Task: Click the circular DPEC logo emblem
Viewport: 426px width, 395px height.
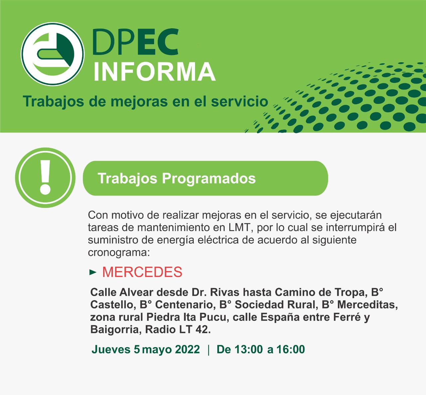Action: pyautogui.click(x=53, y=54)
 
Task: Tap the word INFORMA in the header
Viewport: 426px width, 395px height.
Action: pyautogui.click(x=154, y=72)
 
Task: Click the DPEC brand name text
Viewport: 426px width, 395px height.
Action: pyautogui.click(x=135, y=42)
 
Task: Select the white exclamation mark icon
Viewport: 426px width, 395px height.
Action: pyautogui.click(x=45, y=177)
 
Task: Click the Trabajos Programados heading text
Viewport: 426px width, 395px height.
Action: pyautogui.click(x=176, y=178)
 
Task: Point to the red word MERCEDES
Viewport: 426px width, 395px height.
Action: pyautogui.click(x=142, y=272)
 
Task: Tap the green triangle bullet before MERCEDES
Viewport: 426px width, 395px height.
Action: pyautogui.click(x=93, y=272)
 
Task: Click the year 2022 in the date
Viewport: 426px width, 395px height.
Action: pyautogui.click(x=187, y=349)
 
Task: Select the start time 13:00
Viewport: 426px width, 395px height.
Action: pyautogui.click(x=248, y=349)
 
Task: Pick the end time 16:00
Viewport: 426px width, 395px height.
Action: pyautogui.click(x=291, y=349)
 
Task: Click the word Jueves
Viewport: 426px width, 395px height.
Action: pyautogui.click(x=111, y=349)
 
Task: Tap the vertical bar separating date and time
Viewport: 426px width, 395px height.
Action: pyautogui.click(x=208, y=350)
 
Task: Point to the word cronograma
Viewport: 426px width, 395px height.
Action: pyautogui.click(x=118, y=252)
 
